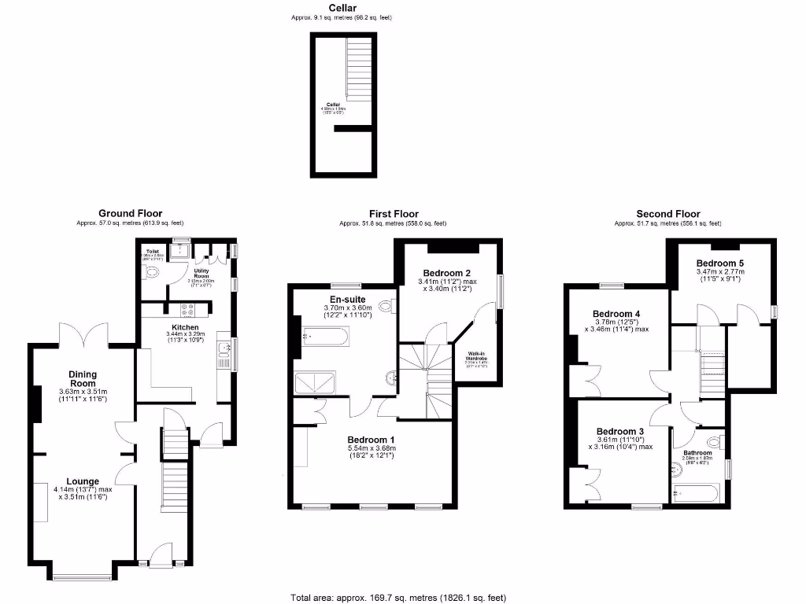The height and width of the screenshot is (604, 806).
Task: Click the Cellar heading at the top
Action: click(342, 7)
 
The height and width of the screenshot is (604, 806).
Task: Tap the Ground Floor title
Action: click(130, 213)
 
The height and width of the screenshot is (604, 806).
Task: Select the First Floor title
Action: click(394, 213)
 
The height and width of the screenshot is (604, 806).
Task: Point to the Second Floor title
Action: click(668, 213)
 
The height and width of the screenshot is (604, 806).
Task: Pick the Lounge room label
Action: click(82, 481)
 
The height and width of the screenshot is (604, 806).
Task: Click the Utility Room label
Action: click(201, 273)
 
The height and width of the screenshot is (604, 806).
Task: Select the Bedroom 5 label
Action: click(719, 263)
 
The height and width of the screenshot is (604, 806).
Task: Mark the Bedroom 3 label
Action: click(619, 432)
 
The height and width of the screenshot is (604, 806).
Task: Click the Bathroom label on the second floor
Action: click(697, 453)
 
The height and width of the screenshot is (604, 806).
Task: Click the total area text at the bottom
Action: click(397, 597)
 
